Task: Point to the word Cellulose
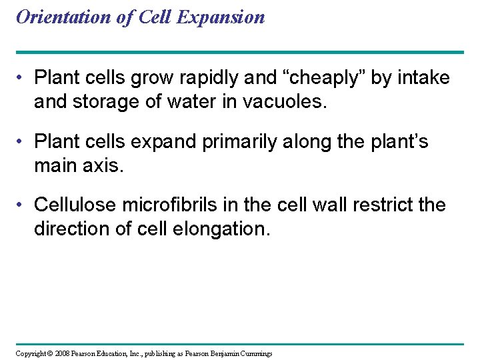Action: (x=76, y=205)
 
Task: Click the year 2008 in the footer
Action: (x=63, y=353)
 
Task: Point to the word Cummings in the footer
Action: (x=257, y=353)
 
